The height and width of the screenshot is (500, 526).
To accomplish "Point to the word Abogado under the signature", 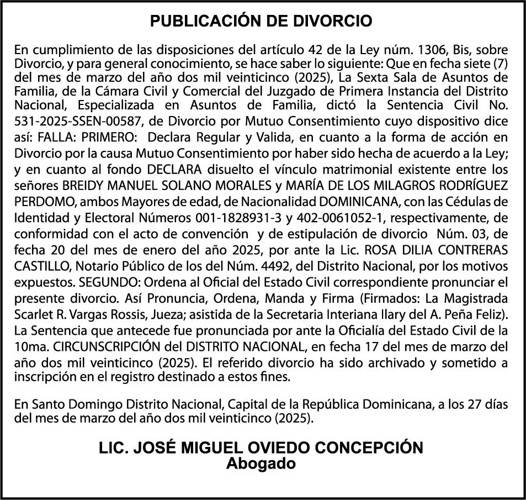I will (x=261, y=464).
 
